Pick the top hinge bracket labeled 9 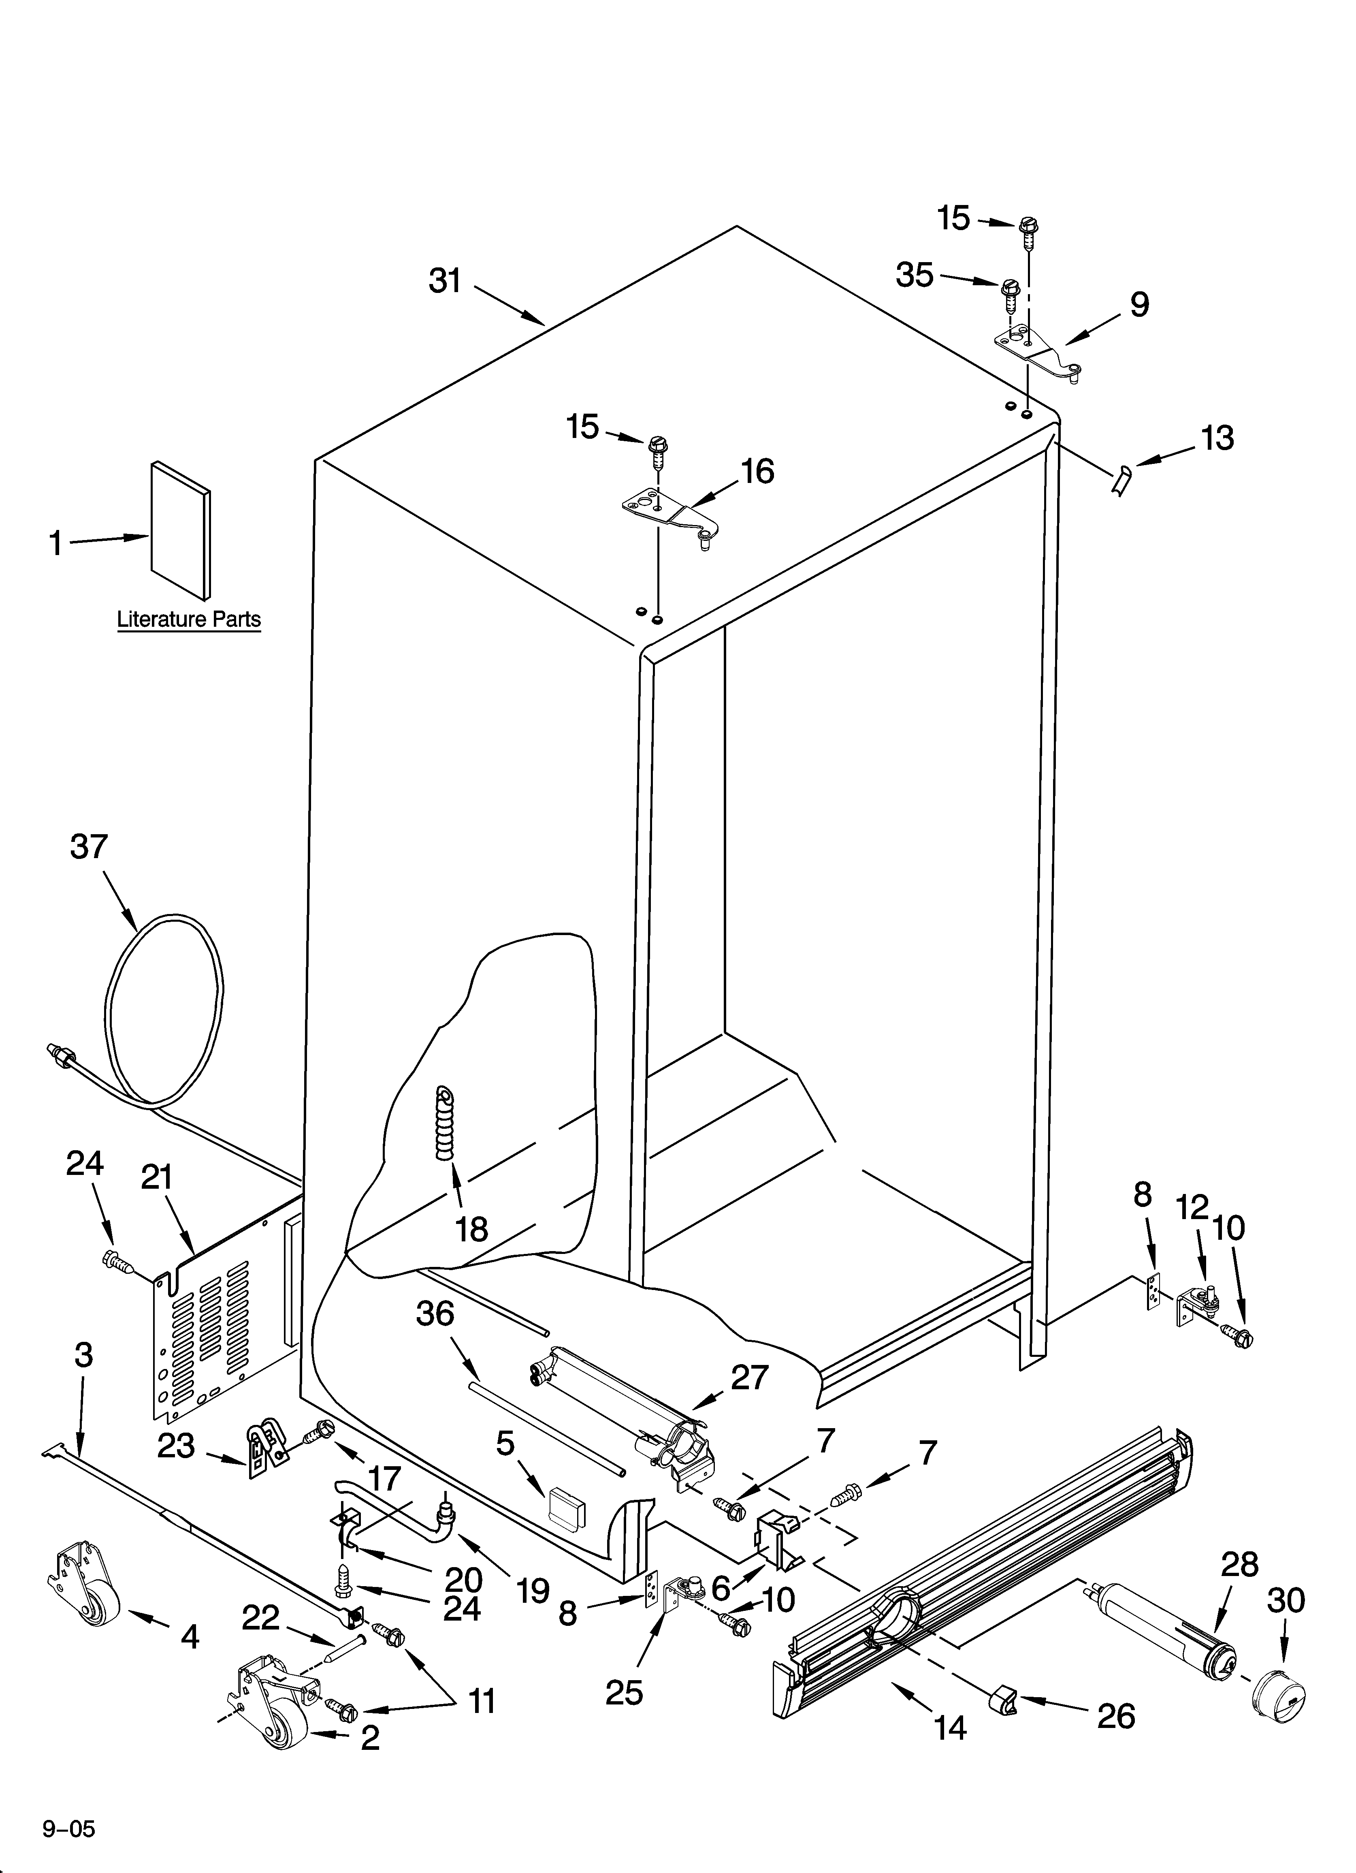1036,352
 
